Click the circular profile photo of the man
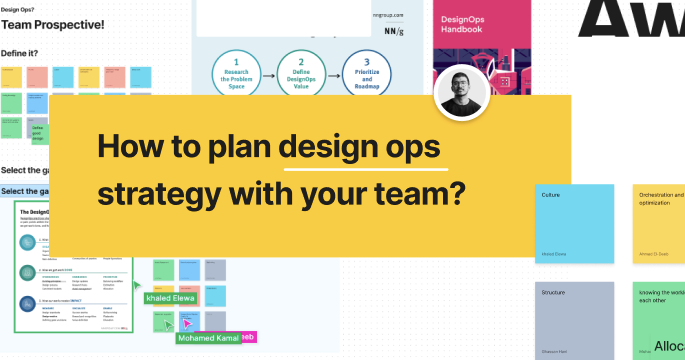[462, 97]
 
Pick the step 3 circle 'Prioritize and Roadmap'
[366, 72]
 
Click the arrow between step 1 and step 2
[268, 72]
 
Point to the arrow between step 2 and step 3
[332, 72]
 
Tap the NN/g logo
[396, 31]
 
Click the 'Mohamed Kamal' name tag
[209, 338]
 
